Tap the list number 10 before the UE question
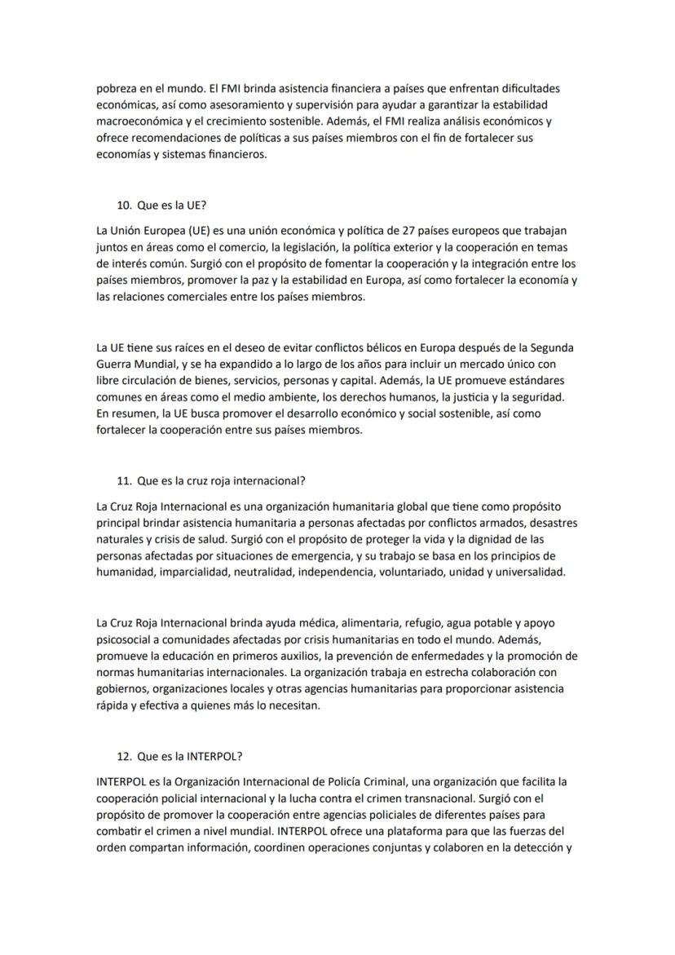[x=124, y=206]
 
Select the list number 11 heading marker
[x=124, y=480]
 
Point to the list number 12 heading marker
[x=124, y=755]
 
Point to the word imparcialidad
[x=196, y=573]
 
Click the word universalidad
[x=530, y=573]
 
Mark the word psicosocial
[x=126, y=639]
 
